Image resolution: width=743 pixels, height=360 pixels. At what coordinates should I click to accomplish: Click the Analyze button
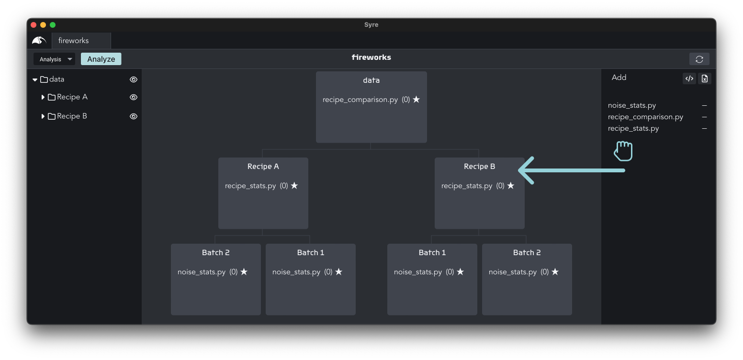tap(101, 59)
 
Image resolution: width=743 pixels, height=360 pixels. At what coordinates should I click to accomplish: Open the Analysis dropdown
tap(55, 59)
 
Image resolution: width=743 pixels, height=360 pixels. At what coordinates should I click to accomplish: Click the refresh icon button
tap(699, 59)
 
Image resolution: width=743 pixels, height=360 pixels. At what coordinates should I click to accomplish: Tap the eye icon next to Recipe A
tap(134, 97)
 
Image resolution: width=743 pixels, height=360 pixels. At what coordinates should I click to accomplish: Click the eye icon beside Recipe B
tap(134, 116)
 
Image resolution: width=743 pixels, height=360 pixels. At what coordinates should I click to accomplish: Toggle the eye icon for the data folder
tap(134, 79)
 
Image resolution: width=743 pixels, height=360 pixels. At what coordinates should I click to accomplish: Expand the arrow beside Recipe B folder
tap(43, 116)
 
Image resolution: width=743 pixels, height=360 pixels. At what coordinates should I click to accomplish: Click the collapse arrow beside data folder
tap(35, 79)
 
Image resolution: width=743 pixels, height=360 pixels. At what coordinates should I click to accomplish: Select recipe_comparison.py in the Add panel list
tap(645, 117)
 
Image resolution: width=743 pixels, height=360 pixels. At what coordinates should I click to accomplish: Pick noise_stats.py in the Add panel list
tap(632, 105)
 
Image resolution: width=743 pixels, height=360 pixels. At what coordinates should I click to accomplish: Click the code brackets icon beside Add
tap(689, 79)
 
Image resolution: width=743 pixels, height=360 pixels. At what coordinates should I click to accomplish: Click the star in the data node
tap(417, 99)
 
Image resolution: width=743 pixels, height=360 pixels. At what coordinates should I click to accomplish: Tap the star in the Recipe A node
tap(294, 185)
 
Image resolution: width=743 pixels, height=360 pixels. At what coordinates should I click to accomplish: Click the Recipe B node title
tap(479, 167)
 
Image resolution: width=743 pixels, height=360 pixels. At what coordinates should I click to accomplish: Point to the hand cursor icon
tap(623, 151)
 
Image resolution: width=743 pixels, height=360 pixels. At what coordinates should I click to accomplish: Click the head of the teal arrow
tap(519, 170)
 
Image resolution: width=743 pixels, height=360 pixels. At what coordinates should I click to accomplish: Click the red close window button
tap(34, 25)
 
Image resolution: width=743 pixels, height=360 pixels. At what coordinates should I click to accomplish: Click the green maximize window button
tap(53, 25)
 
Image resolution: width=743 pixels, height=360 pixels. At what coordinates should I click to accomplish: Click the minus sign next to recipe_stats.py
tap(704, 128)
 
